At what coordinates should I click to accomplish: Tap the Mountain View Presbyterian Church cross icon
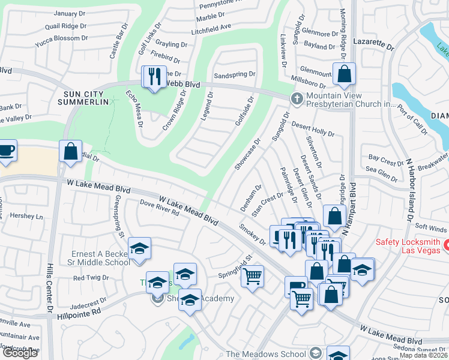pyautogui.click(x=296, y=98)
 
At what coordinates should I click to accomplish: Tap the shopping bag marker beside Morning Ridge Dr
pyautogui.click(x=345, y=74)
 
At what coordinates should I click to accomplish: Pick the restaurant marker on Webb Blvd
pyautogui.click(x=154, y=76)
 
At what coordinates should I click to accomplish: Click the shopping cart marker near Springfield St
pyautogui.click(x=253, y=277)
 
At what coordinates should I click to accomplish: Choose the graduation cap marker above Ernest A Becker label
pyautogui.click(x=140, y=248)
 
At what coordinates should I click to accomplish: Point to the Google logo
pyautogui.click(x=19, y=353)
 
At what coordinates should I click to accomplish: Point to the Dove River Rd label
pyautogui.click(x=160, y=208)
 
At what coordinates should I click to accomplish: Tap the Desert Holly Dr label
pyautogui.click(x=313, y=128)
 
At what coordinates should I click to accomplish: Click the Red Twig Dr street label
pyautogui.click(x=91, y=278)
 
